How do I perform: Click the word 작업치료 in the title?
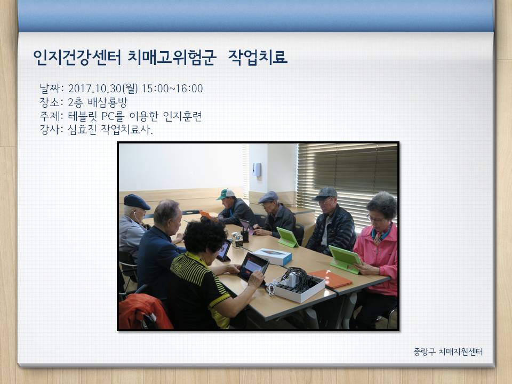point(258,57)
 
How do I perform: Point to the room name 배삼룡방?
point(107,102)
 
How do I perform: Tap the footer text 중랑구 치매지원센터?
point(448,351)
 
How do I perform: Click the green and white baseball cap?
point(225,194)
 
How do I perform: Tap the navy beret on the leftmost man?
point(137,202)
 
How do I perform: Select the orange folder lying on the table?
point(331,278)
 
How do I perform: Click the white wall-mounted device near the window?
point(257,170)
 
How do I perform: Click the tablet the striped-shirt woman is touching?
point(253,267)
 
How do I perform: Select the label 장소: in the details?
point(51,102)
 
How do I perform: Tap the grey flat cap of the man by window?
point(325,193)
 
